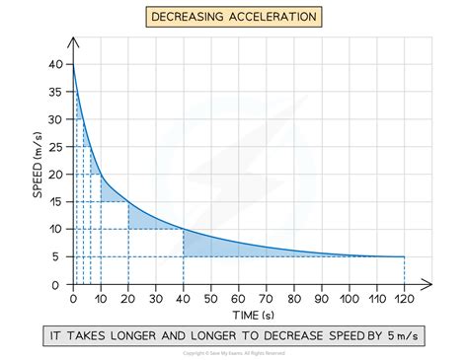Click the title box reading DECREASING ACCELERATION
pyautogui.click(x=234, y=16)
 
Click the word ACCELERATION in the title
pyautogui.click(x=273, y=16)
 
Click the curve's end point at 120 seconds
pyautogui.click(x=404, y=256)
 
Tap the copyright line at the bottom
pyautogui.click(x=234, y=352)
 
